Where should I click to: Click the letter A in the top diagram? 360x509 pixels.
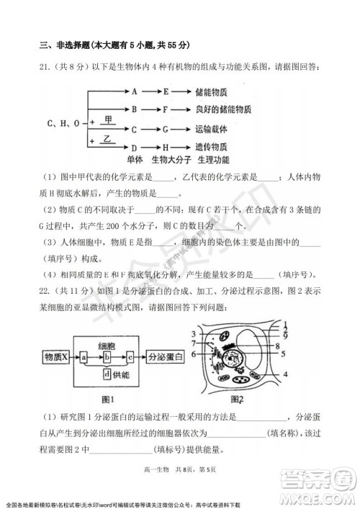135,91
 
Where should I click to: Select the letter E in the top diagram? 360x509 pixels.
165,91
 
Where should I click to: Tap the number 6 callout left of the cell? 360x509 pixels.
197,354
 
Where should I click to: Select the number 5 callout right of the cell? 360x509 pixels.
286,353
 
